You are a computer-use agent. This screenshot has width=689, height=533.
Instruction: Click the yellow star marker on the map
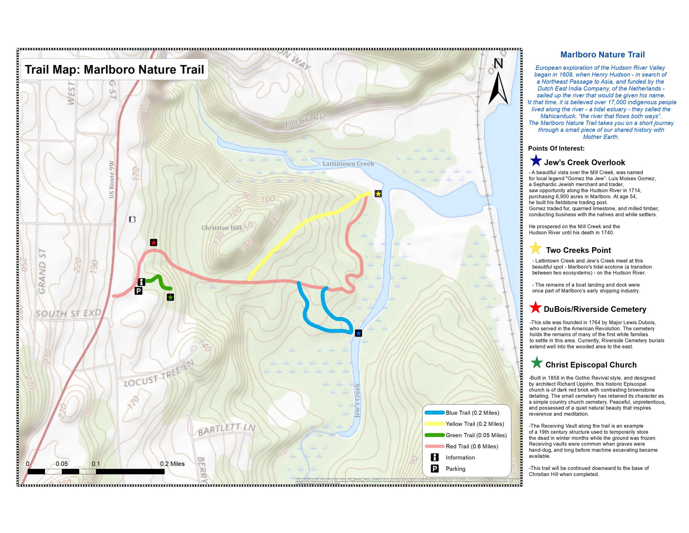tap(378, 194)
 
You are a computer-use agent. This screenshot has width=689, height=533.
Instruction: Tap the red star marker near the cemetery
tap(153, 242)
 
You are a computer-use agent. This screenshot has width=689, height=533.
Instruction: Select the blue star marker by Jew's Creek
tap(358, 333)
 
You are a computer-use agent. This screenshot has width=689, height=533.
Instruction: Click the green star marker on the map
tap(170, 297)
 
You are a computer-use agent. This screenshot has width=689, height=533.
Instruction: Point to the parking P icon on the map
tap(138, 291)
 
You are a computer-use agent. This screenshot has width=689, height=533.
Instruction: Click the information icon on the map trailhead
tap(141, 282)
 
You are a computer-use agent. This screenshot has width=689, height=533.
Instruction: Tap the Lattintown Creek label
tap(348, 164)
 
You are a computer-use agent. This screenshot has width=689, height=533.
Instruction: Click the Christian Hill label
tap(221, 228)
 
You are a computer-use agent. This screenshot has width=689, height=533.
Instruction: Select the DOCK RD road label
tap(305, 121)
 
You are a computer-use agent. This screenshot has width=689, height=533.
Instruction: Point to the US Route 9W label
tap(111, 179)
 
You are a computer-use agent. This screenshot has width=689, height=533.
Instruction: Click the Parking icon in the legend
tap(435, 469)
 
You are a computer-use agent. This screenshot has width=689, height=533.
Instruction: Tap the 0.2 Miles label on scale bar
tap(172, 464)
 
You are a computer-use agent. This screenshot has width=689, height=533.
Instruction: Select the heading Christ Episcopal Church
tap(591, 365)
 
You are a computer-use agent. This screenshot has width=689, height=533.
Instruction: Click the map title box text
tap(114, 70)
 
